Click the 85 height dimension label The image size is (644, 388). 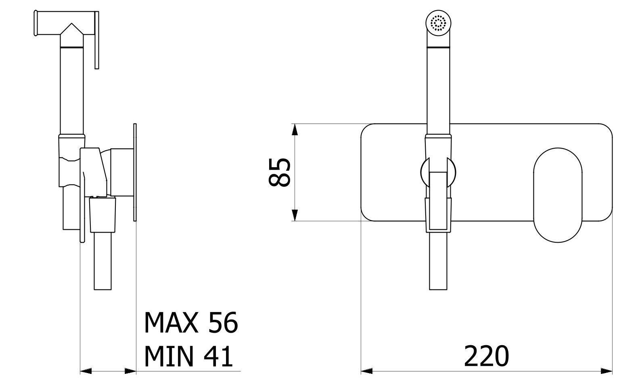tap(279, 172)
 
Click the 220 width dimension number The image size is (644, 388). tap(486, 356)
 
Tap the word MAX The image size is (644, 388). tap(171, 323)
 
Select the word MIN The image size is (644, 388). tap(169, 357)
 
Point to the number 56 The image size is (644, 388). tap(223, 323)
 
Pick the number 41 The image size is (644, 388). tap(218, 357)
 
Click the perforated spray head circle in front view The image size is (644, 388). tap(438, 23)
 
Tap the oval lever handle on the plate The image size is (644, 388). tap(558, 195)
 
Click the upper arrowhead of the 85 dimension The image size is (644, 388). tap(295, 129)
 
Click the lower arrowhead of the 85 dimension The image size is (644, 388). tap(295, 216)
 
